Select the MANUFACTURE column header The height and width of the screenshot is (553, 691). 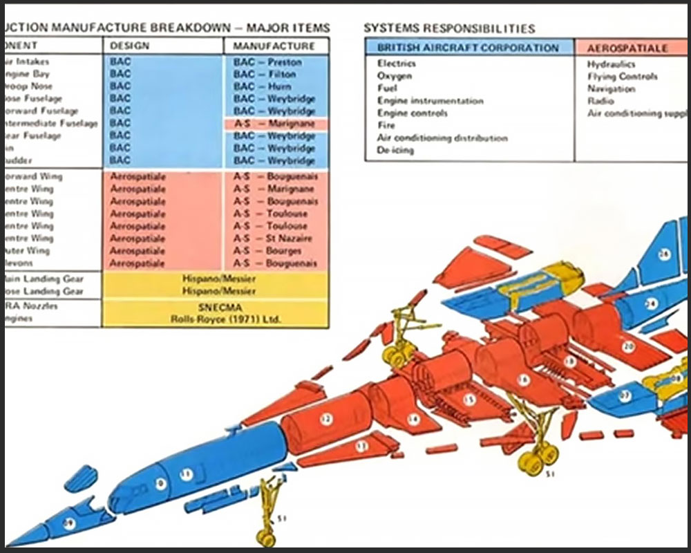(274, 46)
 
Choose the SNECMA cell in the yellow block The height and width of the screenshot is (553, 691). (214, 308)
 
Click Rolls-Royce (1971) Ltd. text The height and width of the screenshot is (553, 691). (214, 319)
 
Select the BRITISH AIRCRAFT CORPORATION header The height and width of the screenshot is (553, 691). (468, 48)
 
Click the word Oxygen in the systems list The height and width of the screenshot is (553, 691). (395, 76)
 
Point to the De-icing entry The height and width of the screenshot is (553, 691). (395, 150)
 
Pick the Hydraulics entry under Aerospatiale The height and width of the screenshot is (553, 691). (612, 64)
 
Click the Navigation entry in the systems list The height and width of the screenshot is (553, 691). (611, 89)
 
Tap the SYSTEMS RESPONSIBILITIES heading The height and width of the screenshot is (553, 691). (449, 28)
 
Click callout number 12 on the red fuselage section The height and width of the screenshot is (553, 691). (326, 418)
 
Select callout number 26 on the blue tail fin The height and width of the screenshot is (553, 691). (664, 255)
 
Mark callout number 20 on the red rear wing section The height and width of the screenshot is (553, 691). (627, 346)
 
